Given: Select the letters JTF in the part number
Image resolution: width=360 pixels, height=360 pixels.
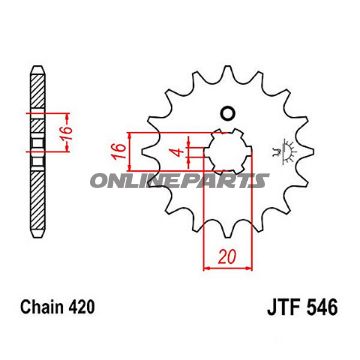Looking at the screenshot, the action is click(283, 308).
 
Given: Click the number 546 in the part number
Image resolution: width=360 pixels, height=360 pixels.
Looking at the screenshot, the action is click(322, 308).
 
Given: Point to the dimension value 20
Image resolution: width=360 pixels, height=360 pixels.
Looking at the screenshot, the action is click(228, 257).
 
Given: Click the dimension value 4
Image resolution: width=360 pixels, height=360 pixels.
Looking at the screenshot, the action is click(179, 152).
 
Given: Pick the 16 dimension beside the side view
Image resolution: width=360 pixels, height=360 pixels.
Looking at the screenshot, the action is click(67, 132).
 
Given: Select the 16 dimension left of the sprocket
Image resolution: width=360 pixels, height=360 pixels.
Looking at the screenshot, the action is click(119, 151).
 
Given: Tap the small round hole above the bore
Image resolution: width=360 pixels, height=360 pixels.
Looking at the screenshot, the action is click(228, 114).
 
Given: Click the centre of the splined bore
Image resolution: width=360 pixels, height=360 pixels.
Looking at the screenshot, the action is click(228, 152).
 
